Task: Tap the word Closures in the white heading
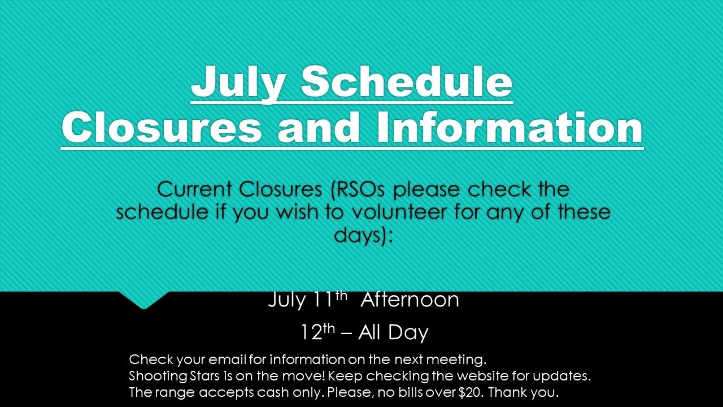(162, 127)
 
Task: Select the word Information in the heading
(509, 127)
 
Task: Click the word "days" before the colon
(358, 235)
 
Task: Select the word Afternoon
(410, 300)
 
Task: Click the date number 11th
(329, 299)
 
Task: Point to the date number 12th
(317, 332)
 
